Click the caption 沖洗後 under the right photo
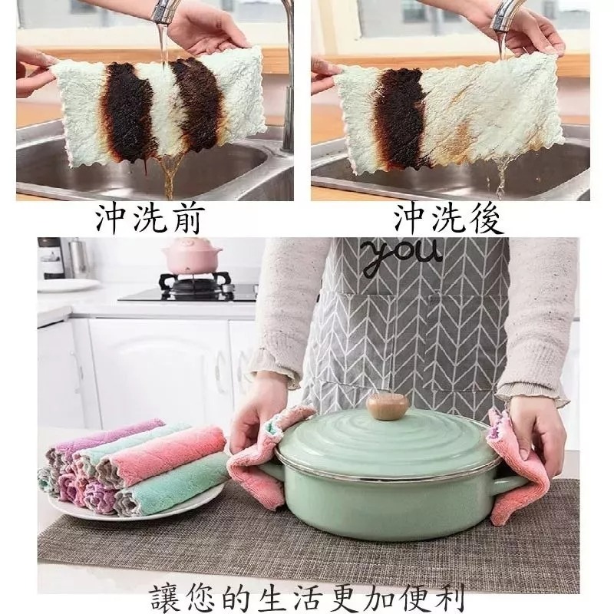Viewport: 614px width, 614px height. (449, 220)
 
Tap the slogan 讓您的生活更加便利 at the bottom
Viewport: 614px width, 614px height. (307, 593)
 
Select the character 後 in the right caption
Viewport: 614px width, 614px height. (485, 220)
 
